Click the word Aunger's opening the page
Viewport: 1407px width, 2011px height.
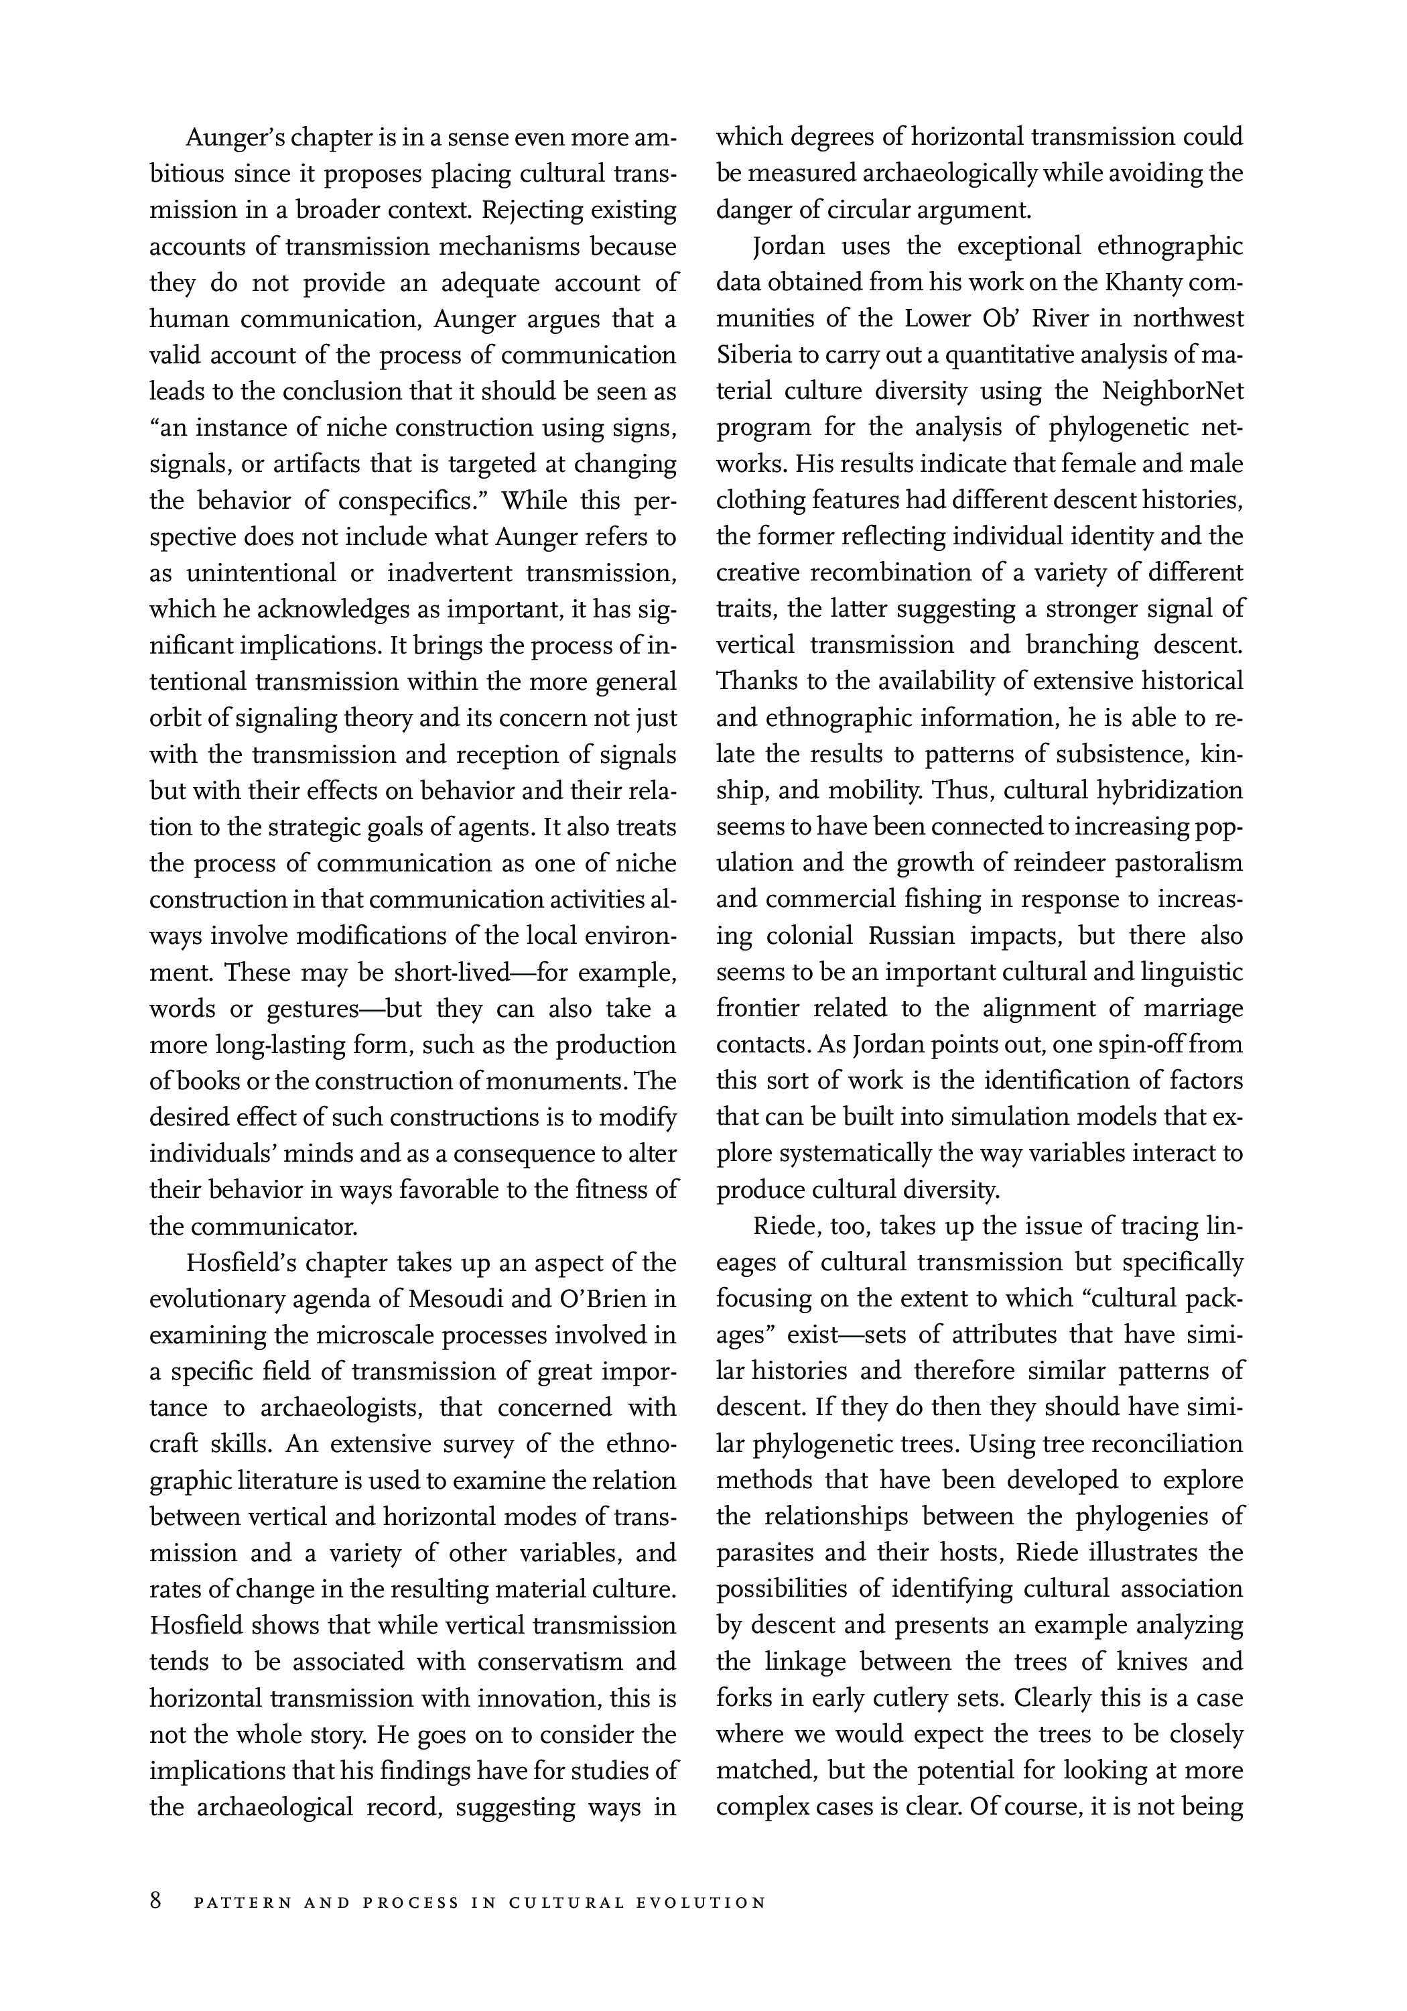(232, 137)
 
